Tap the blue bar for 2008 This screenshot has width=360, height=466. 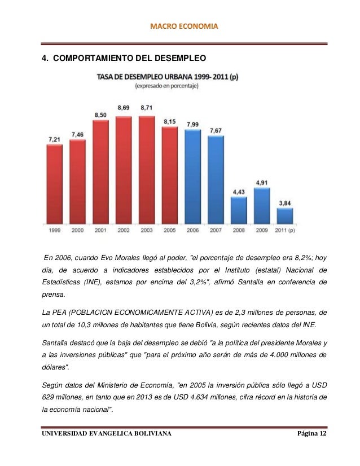[239, 210]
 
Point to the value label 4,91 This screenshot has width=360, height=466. [262, 182]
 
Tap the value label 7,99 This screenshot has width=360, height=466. [193, 124]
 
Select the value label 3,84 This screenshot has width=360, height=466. [285, 202]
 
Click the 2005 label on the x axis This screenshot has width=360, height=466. [170, 230]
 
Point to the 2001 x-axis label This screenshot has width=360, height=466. [100, 230]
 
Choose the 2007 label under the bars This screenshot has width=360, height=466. [216, 230]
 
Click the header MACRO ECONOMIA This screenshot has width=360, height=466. [180, 27]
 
